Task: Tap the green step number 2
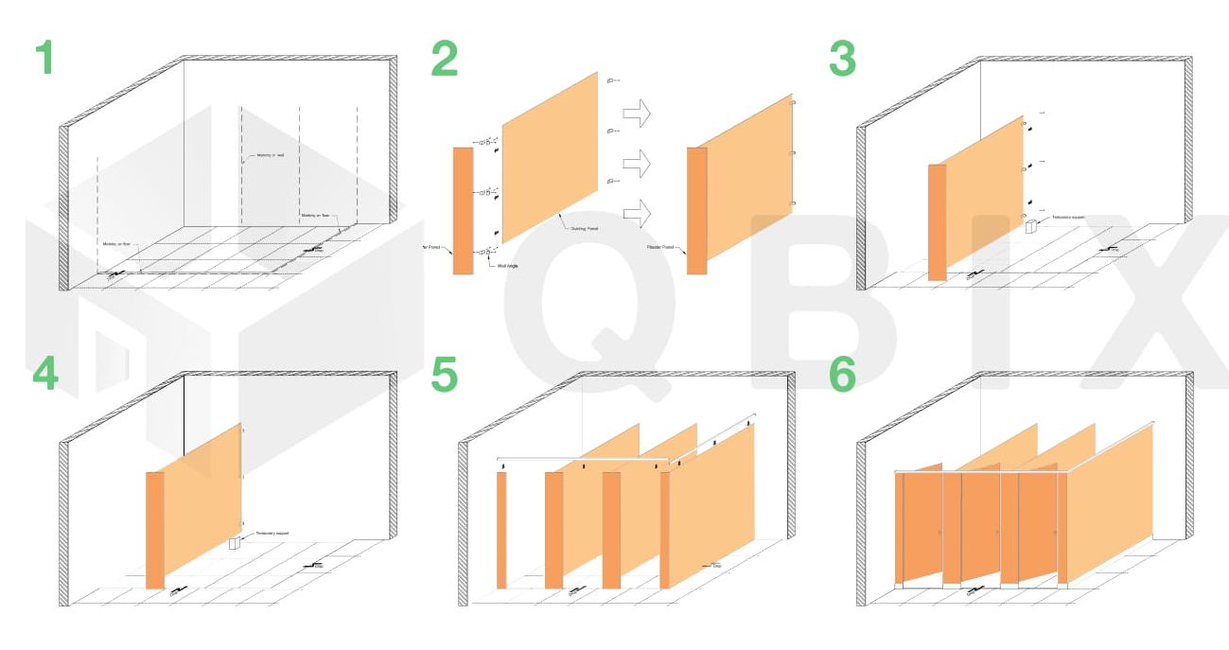coord(444,59)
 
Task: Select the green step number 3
coord(842,59)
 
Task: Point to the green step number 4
coord(44,375)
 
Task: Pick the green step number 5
coord(444,375)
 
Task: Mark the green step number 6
coord(842,375)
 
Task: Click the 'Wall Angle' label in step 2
coord(508,267)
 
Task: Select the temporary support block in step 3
coord(1030,227)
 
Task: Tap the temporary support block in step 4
coord(235,544)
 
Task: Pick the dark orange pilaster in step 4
coord(155,530)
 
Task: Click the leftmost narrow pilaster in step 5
coord(501,530)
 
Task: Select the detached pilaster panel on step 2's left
coord(463,210)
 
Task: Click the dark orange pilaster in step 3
coord(937,222)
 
